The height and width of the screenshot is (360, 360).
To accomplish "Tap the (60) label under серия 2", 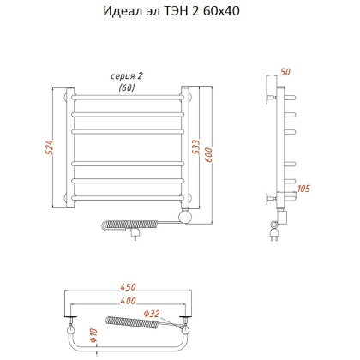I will coord(127,87).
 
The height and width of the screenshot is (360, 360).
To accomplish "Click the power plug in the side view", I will coord(274,232).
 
